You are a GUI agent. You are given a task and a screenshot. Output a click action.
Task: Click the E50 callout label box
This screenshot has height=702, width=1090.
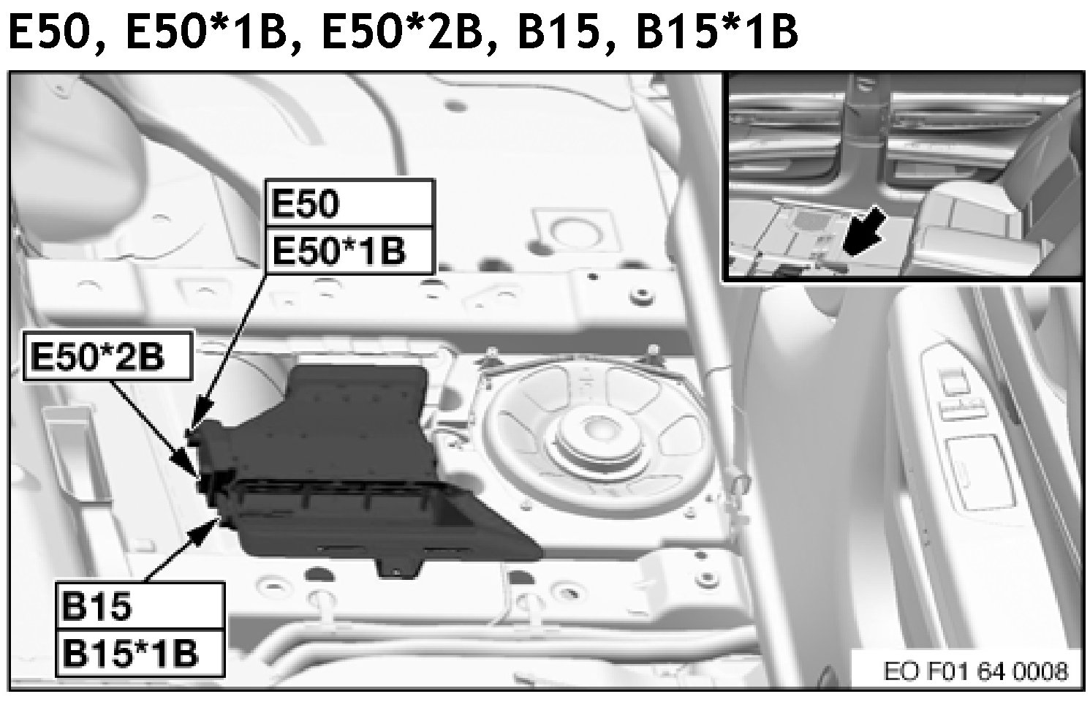pyautogui.click(x=349, y=203)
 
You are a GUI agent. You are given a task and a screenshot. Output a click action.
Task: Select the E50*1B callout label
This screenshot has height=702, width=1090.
pyautogui.click(x=349, y=251)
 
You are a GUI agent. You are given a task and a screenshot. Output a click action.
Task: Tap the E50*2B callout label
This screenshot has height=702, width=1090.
pyautogui.click(x=108, y=356)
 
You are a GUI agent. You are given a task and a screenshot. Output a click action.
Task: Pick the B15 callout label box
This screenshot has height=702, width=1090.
pyautogui.click(x=140, y=606)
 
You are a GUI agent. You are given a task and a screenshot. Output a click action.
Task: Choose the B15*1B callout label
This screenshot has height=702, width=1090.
pyautogui.click(x=140, y=653)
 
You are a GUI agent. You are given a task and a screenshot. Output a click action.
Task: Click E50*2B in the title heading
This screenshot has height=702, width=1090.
pyautogui.click(x=401, y=31)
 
